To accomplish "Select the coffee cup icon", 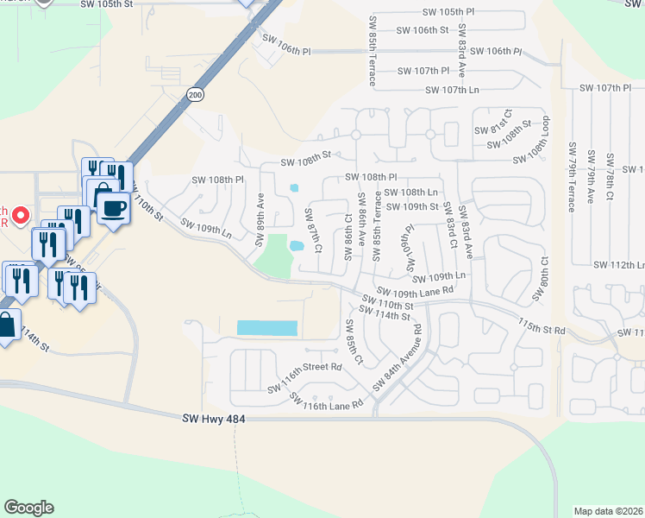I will (x=113, y=207).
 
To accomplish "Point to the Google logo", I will (x=28, y=508).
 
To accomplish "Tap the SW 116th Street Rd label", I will (x=304, y=367).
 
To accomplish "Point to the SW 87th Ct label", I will (x=314, y=230).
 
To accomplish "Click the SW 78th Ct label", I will (x=609, y=177).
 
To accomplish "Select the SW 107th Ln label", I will (x=451, y=90).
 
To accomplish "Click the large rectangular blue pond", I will (x=267, y=328).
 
